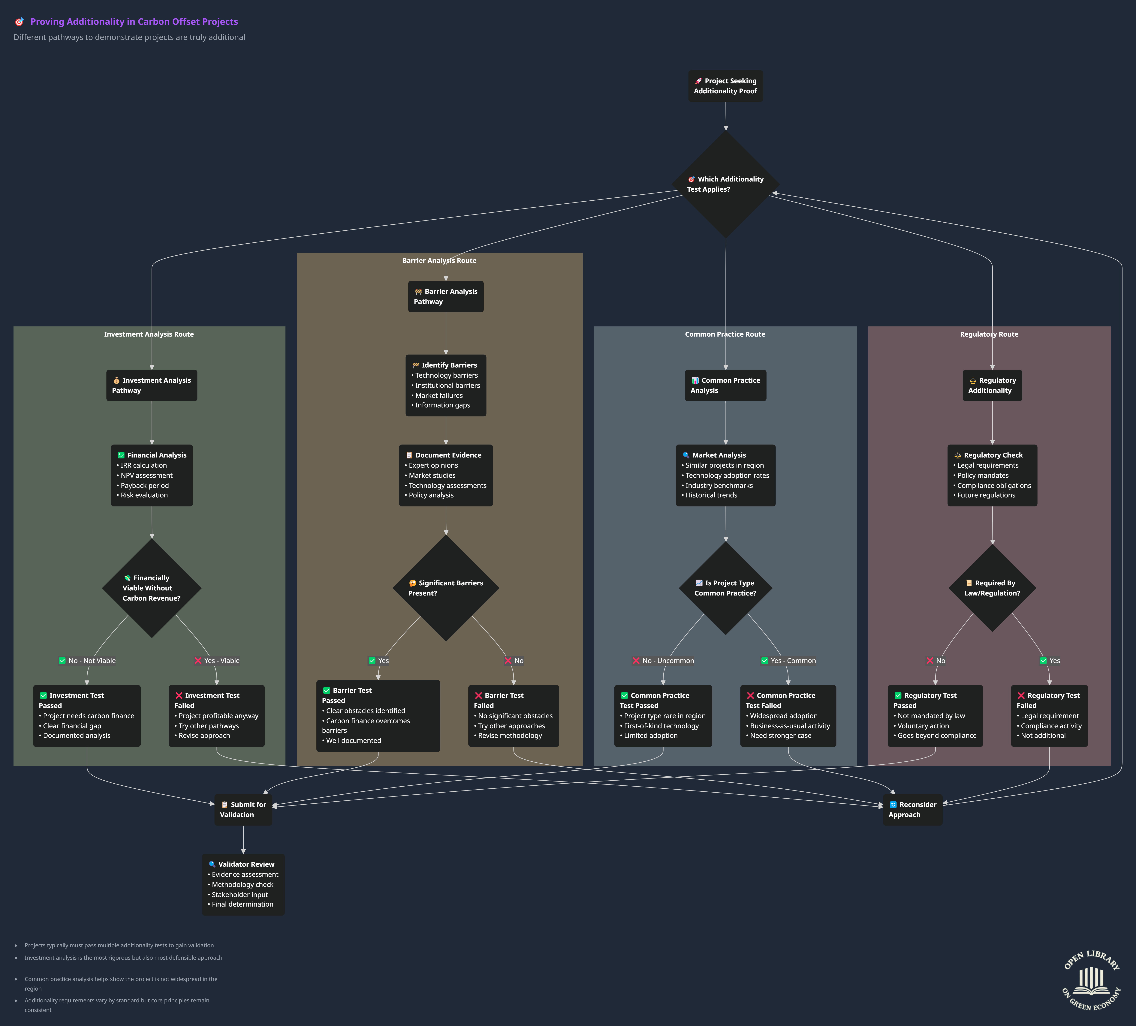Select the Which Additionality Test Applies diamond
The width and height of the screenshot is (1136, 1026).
tap(725, 184)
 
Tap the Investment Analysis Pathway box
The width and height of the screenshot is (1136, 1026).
tap(152, 385)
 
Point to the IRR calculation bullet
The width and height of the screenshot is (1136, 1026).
tap(144, 465)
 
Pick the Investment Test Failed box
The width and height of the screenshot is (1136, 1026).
tap(216, 715)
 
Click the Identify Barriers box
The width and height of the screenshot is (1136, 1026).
tap(446, 385)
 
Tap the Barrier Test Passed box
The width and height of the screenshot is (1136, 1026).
tap(378, 715)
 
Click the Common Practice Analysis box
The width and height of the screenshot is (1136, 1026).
tap(725, 385)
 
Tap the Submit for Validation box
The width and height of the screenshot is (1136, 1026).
tap(243, 810)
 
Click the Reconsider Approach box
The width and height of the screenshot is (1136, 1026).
tap(912, 810)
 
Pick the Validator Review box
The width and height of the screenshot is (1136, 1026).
tap(243, 884)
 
